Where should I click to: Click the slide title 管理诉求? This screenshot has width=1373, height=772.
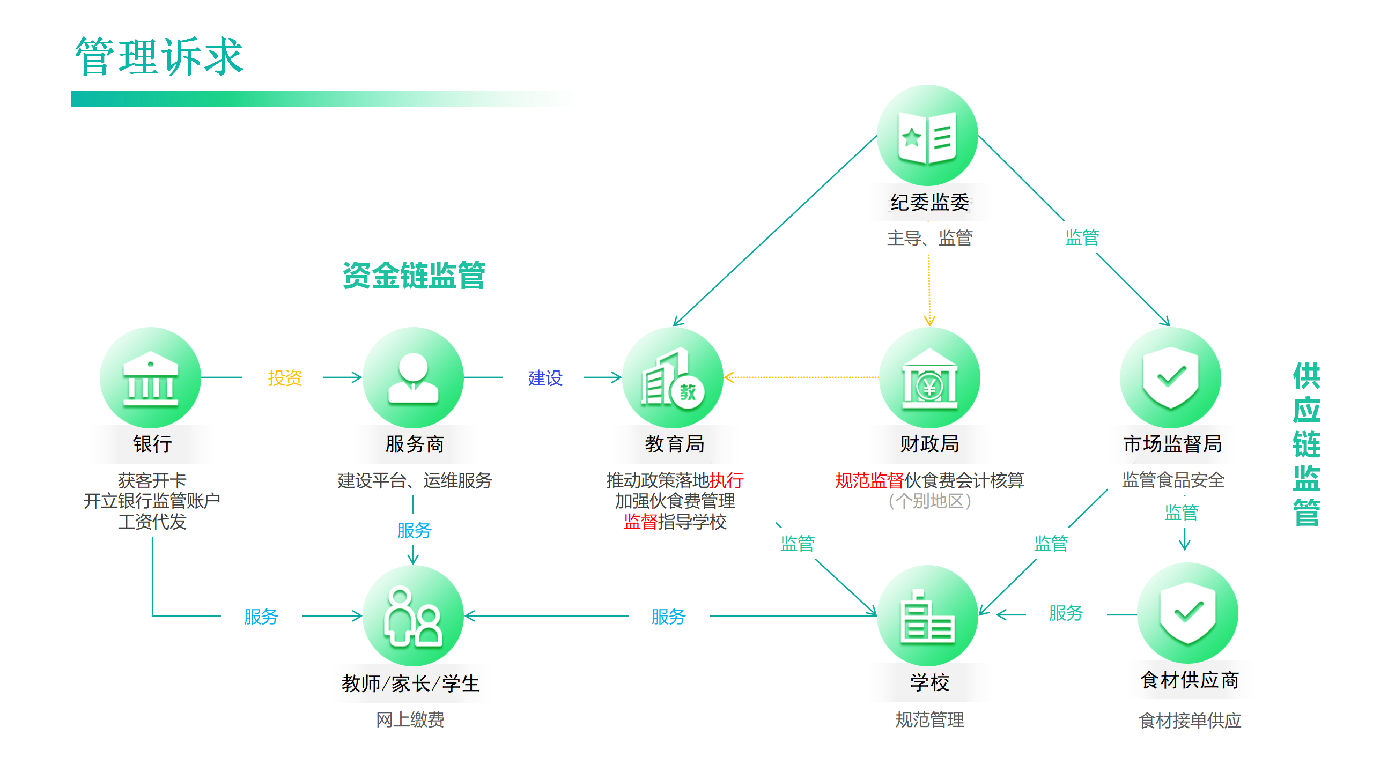(x=159, y=57)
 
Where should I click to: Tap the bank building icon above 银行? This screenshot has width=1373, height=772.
(x=151, y=377)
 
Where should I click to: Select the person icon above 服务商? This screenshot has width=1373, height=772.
(x=413, y=377)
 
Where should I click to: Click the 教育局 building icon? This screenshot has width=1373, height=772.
(x=673, y=377)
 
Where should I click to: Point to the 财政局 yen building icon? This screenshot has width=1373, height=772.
(x=929, y=377)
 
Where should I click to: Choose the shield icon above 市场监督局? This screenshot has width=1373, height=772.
(x=1170, y=377)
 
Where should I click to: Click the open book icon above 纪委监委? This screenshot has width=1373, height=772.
(x=927, y=136)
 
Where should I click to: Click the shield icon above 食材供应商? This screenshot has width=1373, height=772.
(x=1187, y=613)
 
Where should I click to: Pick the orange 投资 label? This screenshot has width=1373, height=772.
(x=285, y=378)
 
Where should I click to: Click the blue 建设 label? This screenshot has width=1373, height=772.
(x=545, y=378)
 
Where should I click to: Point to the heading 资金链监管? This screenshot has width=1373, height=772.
(x=414, y=276)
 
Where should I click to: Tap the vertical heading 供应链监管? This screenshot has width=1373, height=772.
(x=1306, y=444)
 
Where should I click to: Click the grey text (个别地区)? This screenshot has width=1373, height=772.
(x=929, y=501)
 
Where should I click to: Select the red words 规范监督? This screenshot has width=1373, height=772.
(x=869, y=480)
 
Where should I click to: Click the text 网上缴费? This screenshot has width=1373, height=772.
(x=410, y=719)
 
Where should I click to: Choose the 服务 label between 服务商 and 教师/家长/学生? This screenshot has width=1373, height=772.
(x=414, y=531)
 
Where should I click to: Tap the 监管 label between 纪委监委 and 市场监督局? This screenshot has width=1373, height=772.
(x=1082, y=237)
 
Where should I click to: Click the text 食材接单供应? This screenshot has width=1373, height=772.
(x=1190, y=721)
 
